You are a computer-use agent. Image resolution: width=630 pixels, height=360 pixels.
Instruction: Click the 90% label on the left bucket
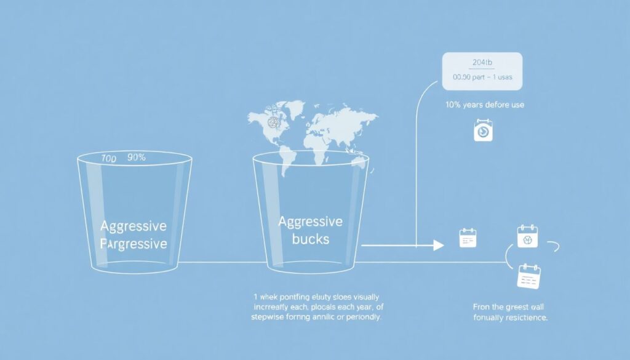click(135, 158)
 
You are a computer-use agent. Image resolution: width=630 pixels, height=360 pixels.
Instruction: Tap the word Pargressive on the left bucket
click(134, 244)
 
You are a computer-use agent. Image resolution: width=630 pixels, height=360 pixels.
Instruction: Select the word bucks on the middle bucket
click(311, 239)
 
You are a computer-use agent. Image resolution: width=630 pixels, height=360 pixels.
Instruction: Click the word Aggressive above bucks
click(311, 222)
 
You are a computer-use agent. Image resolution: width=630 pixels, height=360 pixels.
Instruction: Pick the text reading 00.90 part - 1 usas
click(482, 78)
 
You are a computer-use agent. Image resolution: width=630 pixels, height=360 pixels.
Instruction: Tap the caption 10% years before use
click(484, 105)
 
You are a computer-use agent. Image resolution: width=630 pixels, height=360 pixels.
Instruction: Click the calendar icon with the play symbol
click(483, 131)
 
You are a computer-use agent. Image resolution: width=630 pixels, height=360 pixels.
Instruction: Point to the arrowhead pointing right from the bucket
click(438, 246)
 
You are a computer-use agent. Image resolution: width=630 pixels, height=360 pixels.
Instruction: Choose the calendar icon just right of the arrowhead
click(468, 238)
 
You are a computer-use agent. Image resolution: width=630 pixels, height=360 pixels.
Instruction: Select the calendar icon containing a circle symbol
click(527, 236)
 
